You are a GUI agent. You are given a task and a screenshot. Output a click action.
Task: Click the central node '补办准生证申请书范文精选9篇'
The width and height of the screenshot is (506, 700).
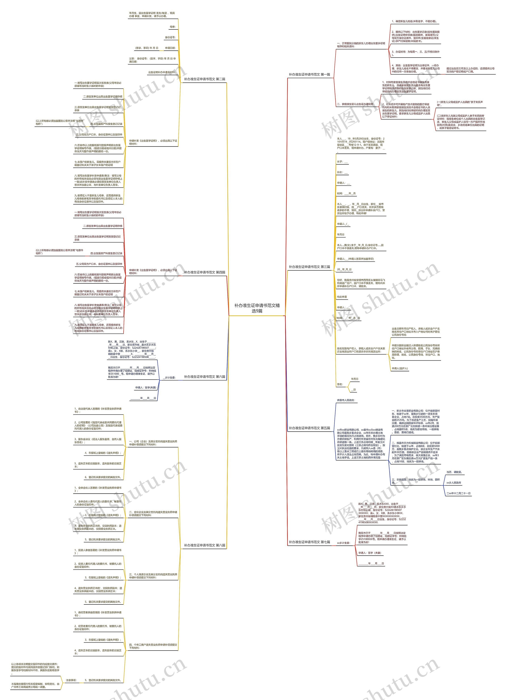[257, 308]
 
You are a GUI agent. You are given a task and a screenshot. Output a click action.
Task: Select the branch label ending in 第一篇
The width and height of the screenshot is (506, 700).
[309, 74]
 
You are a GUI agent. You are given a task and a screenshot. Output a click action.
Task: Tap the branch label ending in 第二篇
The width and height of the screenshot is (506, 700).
[204, 79]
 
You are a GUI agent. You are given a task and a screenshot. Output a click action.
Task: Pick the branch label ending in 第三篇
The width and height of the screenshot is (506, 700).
[309, 267]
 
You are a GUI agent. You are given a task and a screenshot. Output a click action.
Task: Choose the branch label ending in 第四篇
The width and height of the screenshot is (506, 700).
[204, 272]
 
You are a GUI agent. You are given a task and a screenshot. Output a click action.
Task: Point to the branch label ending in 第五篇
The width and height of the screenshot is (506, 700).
[309, 428]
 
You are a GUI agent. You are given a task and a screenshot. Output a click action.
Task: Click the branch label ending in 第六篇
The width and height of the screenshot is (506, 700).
[204, 377]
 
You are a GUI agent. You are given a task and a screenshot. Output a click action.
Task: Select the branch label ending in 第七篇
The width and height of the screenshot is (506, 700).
[309, 542]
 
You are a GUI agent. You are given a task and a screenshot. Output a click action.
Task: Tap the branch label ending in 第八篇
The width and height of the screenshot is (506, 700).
[204, 545]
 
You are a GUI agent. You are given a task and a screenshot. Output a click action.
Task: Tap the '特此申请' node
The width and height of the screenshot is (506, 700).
[342, 297]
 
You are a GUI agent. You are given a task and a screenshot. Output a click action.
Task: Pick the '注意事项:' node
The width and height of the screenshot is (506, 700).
[71, 680]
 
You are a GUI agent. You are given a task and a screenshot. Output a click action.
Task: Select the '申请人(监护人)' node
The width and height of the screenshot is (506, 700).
[400, 368]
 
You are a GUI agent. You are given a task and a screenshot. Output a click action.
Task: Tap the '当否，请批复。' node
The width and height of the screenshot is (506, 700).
[454, 472]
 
